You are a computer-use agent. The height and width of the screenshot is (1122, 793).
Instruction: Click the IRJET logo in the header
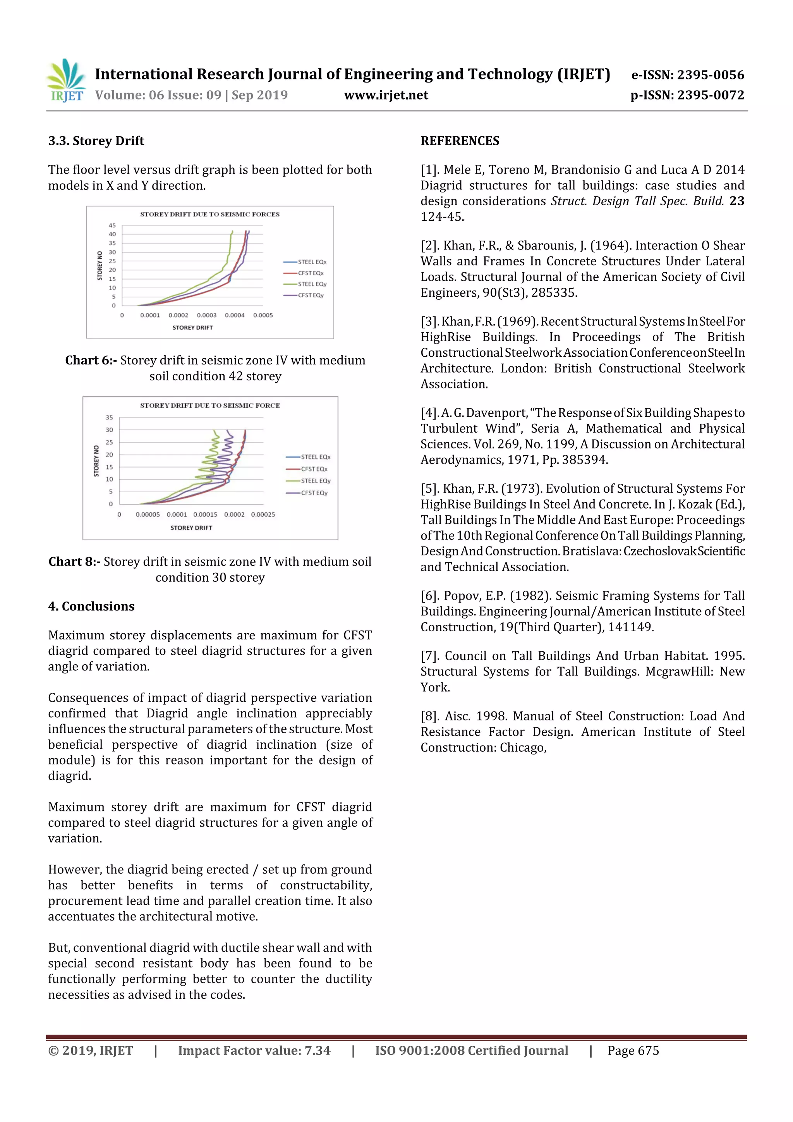pos(66,81)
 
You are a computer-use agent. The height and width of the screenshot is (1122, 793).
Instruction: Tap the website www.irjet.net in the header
pos(386,95)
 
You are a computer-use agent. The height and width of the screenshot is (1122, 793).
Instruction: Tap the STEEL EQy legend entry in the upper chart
pos(312,284)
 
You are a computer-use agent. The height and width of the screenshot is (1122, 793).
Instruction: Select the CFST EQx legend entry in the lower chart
pos(314,469)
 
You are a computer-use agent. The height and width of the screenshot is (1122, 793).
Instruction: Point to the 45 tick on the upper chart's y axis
pos(112,225)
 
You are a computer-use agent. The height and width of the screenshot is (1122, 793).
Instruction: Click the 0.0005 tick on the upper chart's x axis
pos(263,315)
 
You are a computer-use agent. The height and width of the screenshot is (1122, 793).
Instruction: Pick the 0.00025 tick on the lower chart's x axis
pos(263,515)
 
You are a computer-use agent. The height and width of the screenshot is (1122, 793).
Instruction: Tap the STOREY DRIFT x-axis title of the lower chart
pos(191,528)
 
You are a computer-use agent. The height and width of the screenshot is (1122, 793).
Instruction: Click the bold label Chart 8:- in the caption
pos(74,562)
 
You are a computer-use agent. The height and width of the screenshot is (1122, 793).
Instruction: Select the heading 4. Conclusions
pos(91,607)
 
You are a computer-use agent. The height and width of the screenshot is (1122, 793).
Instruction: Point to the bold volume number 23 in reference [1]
pos(736,201)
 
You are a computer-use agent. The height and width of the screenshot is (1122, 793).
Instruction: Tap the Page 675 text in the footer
pos(633,1051)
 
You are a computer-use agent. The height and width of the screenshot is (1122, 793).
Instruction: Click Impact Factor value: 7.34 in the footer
pos(254,1051)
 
